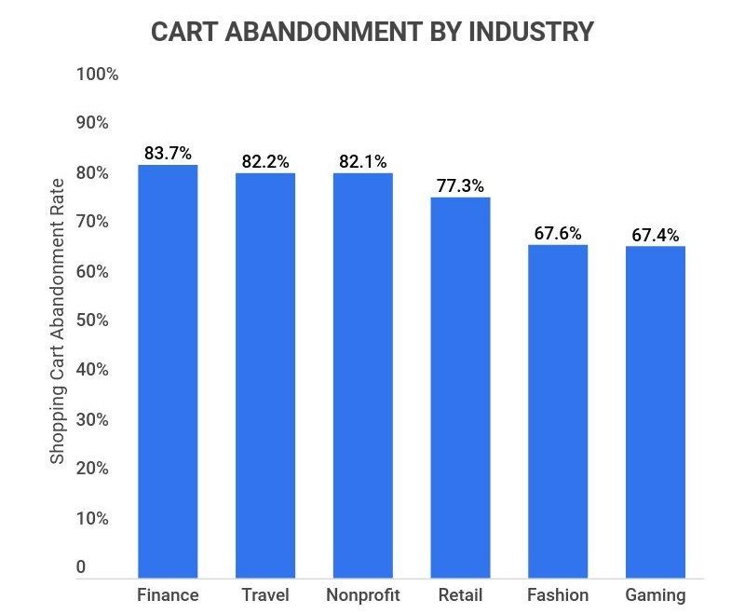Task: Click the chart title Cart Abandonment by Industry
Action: (x=372, y=31)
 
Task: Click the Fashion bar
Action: (x=558, y=411)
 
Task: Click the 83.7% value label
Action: (x=168, y=153)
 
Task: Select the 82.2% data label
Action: (x=265, y=161)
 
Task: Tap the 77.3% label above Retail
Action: (x=460, y=186)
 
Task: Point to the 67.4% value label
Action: (x=655, y=235)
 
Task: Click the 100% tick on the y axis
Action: (x=97, y=75)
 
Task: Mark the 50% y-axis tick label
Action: (x=93, y=321)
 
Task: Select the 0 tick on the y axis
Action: (x=81, y=567)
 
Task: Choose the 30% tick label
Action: (x=93, y=419)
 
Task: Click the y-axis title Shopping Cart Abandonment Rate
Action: (x=58, y=321)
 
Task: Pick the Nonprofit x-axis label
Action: (x=363, y=595)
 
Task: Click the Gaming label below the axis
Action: (x=655, y=595)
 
